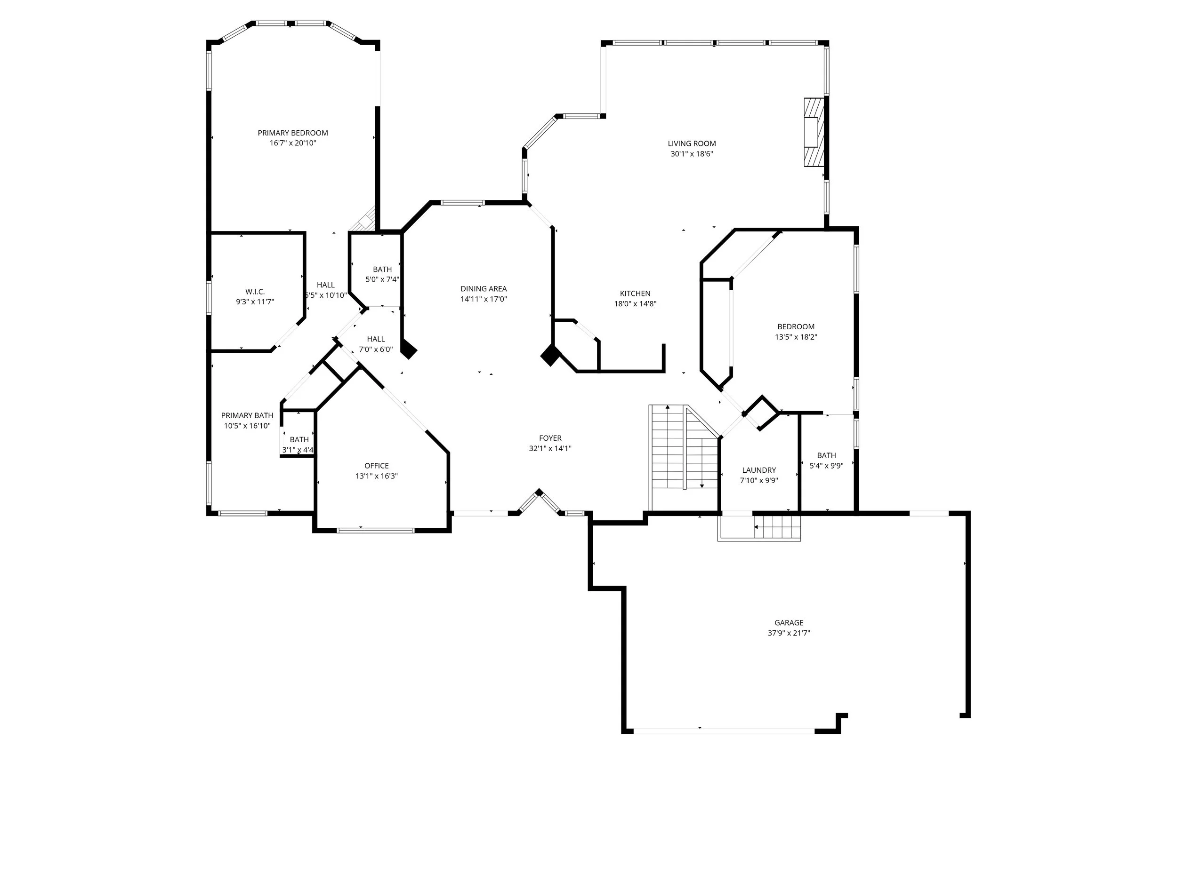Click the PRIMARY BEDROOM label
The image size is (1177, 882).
(x=293, y=133)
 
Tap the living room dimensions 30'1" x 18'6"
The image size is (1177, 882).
(x=692, y=154)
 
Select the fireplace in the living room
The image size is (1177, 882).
(x=814, y=132)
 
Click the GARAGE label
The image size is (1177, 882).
(x=789, y=622)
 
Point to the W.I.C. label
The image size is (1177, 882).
(x=255, y=292)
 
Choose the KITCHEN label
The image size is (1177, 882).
(x=635, y=294)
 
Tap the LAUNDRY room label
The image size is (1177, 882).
(x=759, y=470)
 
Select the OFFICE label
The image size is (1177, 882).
(x=377, y=466)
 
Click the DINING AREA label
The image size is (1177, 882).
(x=484, y=289)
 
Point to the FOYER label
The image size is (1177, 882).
(x=550, y=438)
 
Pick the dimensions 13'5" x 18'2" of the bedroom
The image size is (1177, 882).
(x=796, y=337)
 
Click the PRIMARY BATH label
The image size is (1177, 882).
(x=247, y=415)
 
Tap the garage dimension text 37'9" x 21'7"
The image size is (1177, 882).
(x=789, y=633)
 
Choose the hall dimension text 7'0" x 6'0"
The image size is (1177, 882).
(x=376, y=350)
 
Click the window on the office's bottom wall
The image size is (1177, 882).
(x=376, y=530)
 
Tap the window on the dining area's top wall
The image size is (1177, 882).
(x=463, y=203)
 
